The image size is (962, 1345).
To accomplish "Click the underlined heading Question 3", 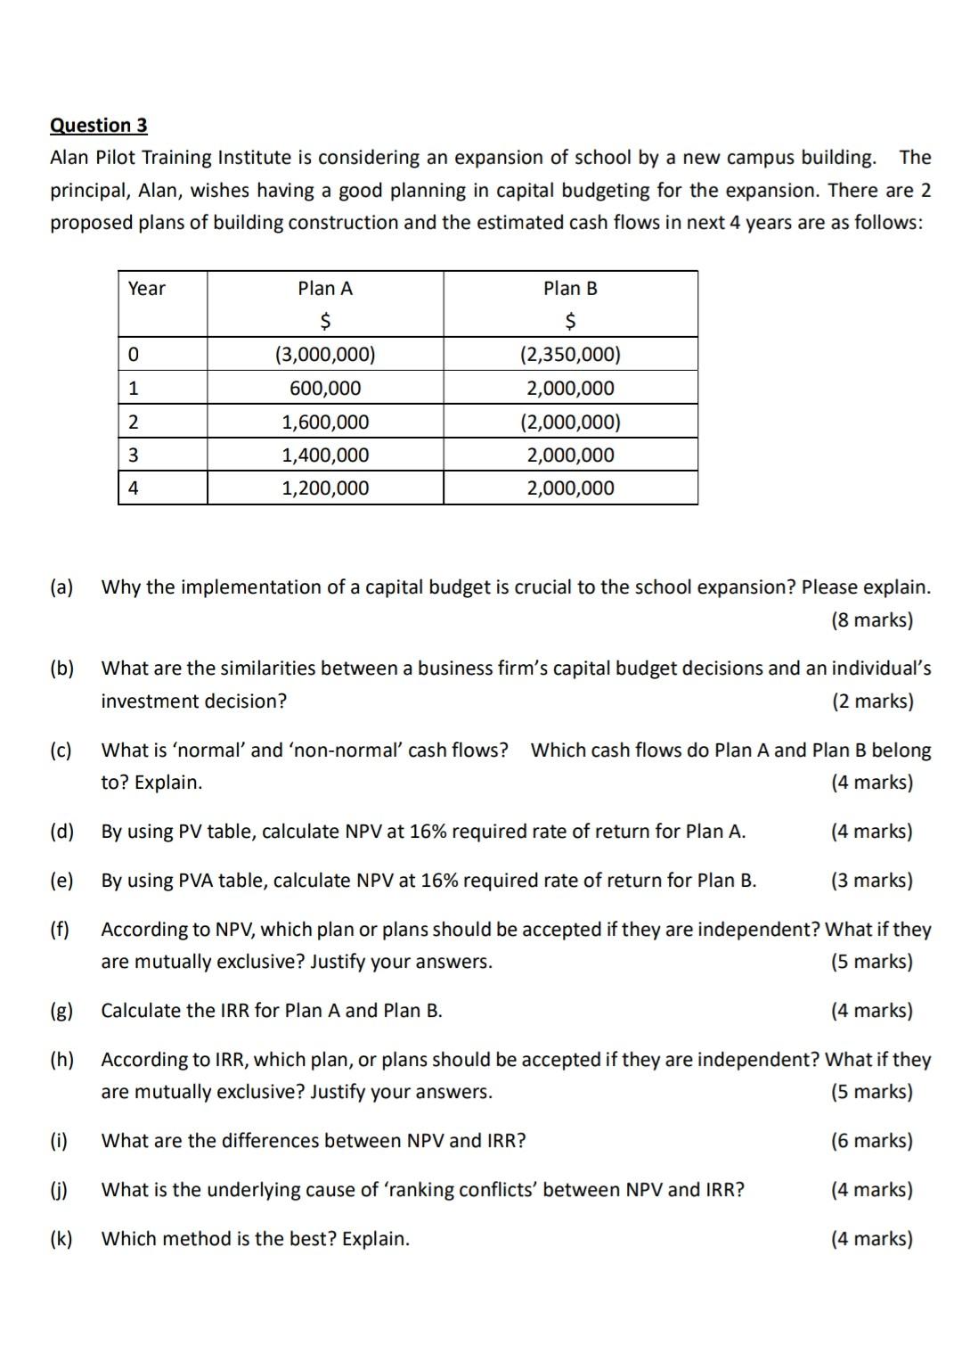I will pyautogui.click(x=98, y=125).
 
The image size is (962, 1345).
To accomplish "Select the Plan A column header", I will pyautogui.click(x=325, y=289).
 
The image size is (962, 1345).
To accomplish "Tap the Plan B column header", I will pyautogui.click(x=570, y=289).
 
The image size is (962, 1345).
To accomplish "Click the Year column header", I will pyautogui.click(x=147, y=289).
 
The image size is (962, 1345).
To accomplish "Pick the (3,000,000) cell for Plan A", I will pyautogui.click(x=325, y=355).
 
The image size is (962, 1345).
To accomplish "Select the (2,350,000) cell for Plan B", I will pyautogui.click(x=570, y=355).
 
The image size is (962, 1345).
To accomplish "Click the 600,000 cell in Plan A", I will pyautogui.click(x=325, y=389).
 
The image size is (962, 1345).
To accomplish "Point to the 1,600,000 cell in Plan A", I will pyautogui.click(x=325, y=422).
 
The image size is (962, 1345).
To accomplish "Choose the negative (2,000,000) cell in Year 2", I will pyautogui.click(x=570, y=422).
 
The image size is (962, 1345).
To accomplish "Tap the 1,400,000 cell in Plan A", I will pyautogui.click(x=325, y=455).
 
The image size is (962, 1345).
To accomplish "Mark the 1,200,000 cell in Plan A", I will pyautogui.click(x=325, y=488).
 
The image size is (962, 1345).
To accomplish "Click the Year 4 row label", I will pyautogui.click(x=134, y=488).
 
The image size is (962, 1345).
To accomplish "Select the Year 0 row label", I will pyautogui.click(x=134, y=355).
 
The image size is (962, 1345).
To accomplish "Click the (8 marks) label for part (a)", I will pyautogui.click(x=871, y=620).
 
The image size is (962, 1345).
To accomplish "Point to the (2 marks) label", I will pyautogui.click(x=872, y=701).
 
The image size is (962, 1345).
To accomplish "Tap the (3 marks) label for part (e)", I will pyautogui.click(x=871, y=881).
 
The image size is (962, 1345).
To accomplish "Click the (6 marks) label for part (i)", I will pyautogui.click(x=871, y=1141).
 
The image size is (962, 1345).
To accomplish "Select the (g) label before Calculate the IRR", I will pyautogui.click(x=61, y=1011).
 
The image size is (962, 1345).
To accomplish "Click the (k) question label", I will pyautogui.click(x=61, y=1239).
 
